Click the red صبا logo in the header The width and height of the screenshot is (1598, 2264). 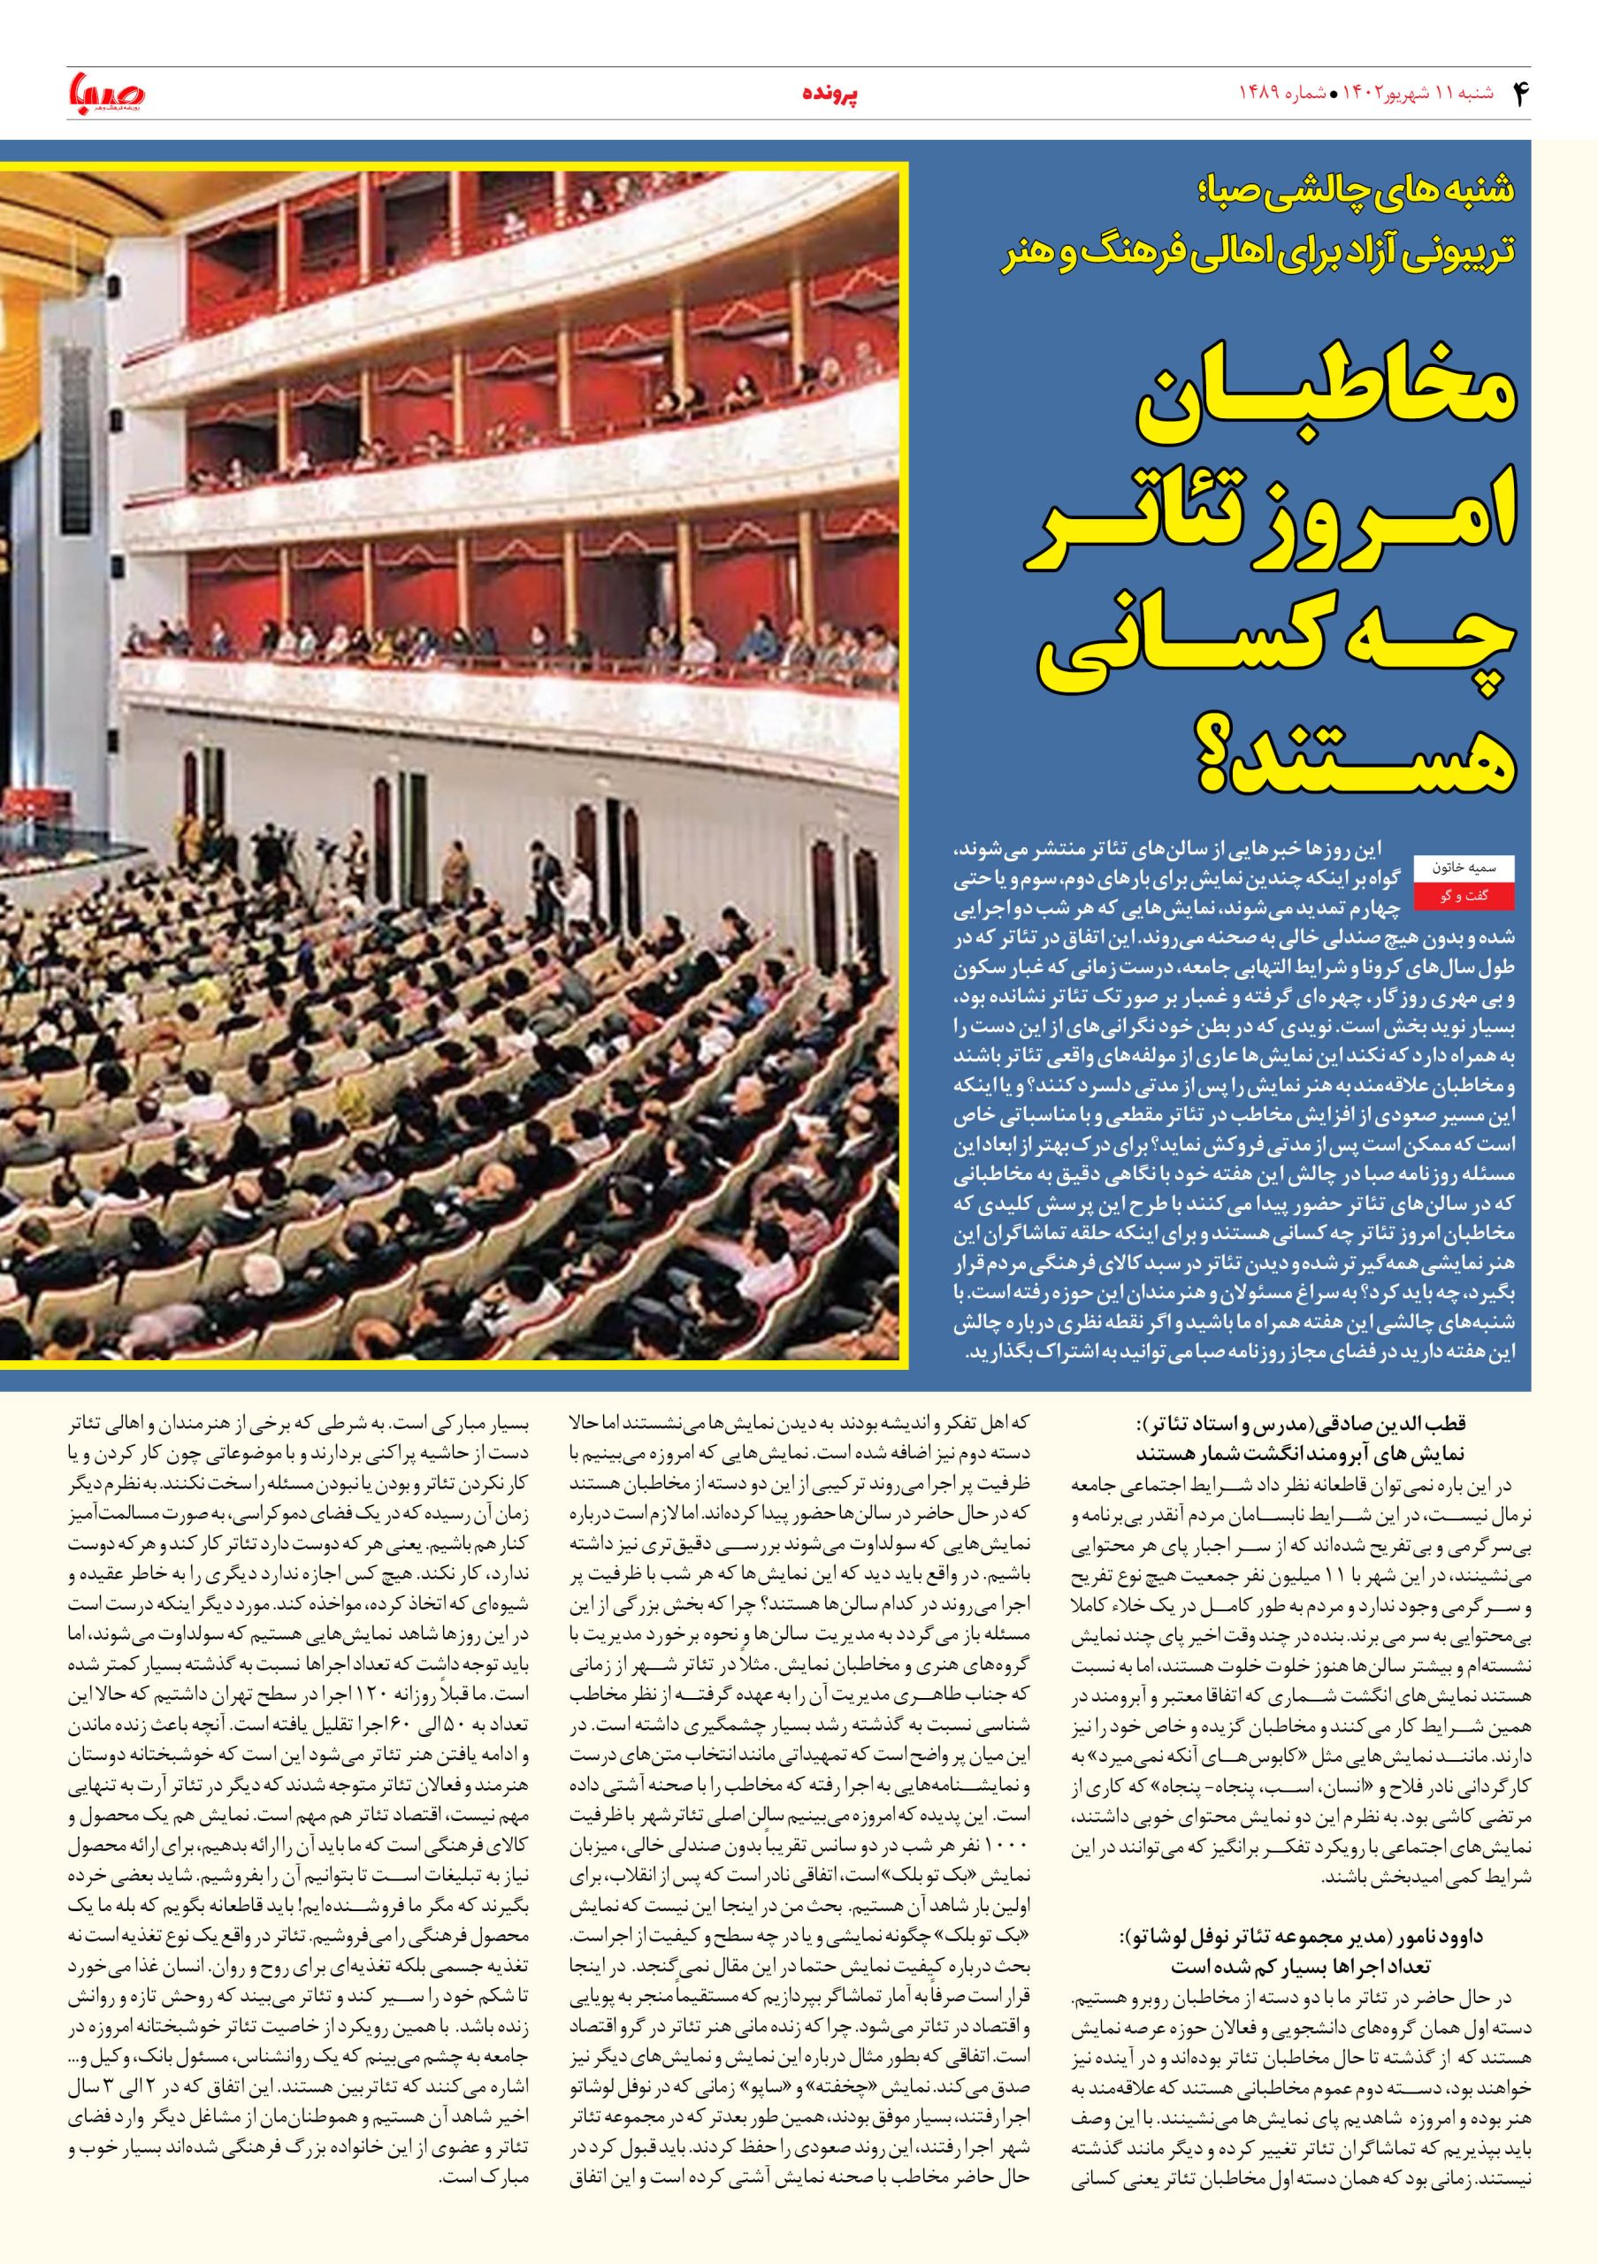pos(106,92)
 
